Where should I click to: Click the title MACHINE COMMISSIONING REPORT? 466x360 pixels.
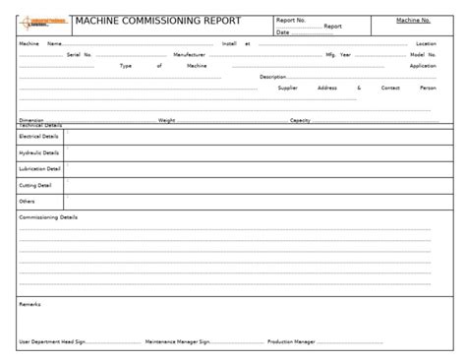[x=157, y=21]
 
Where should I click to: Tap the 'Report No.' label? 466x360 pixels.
[x=290, y=19]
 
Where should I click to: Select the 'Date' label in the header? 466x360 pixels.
[x=283, y=32]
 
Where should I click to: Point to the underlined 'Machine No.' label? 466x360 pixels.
[x=413, y=20]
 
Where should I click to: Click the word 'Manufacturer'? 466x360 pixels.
[x=189, y=55]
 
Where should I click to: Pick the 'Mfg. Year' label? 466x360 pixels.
[x=338, y=55]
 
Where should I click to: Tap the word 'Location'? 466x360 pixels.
[x=426, y=44]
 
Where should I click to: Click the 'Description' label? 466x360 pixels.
[x=272, y=77]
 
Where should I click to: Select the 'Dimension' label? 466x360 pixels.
[x=31, y=120]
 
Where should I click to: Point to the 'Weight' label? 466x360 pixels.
[x=166, y=120]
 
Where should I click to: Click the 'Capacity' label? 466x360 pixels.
[x=300, y=120]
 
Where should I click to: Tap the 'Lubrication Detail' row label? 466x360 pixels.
[x=39, y=169]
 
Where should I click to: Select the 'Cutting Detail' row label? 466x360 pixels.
[x=35, y=185]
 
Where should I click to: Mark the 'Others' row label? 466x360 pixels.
[x=27, y=201]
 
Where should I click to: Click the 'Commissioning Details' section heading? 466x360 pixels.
[x=48, y=216]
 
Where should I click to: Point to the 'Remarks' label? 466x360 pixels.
[x=29, y=305]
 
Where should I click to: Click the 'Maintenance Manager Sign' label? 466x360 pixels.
[x=177, y=342]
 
